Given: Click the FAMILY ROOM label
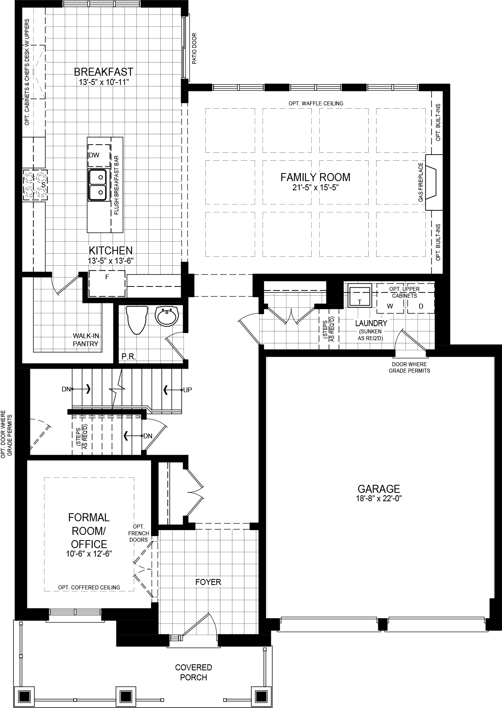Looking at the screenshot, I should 315,177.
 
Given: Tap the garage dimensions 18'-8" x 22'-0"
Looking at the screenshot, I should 379,499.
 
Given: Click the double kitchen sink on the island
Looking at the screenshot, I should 97,184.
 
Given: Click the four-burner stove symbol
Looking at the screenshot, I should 35,185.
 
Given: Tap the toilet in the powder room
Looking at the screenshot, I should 136,319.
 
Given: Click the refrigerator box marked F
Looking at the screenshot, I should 107,283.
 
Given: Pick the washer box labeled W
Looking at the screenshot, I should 390,307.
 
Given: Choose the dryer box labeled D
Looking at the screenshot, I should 421,307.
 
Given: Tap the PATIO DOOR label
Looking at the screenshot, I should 194,49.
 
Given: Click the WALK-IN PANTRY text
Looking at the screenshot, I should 85,340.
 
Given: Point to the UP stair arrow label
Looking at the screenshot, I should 187,389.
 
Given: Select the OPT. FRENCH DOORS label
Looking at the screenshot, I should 139,533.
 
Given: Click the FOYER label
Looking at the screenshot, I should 208,582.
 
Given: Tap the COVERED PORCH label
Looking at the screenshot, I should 194,672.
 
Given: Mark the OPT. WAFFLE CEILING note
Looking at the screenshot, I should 316,103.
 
